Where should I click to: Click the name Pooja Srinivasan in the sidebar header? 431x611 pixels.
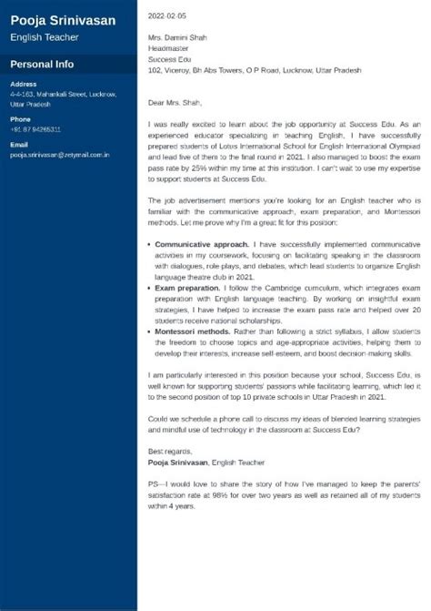pyautogui.click(x=55, y=20)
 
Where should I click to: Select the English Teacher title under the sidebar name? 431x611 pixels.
pyautogui.click(x=44, y=37)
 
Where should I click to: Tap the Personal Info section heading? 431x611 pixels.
pyautogui.click(x=42, y=65)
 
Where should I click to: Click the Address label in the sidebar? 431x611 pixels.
pyautogui.click(x=24, y=84)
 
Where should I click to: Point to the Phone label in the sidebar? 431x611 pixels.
pyautogui.click(x=20, y=119)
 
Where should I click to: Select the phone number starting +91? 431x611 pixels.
pyautogui.click(x=37, y=130)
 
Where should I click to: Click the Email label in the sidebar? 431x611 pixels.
pyautogui.click(x=19, y=145)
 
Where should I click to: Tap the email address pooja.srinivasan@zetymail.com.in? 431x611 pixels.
pyautogui.click(x=60, y=156)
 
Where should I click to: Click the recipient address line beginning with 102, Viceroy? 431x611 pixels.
pyautogui.click(x=254, y=70)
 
